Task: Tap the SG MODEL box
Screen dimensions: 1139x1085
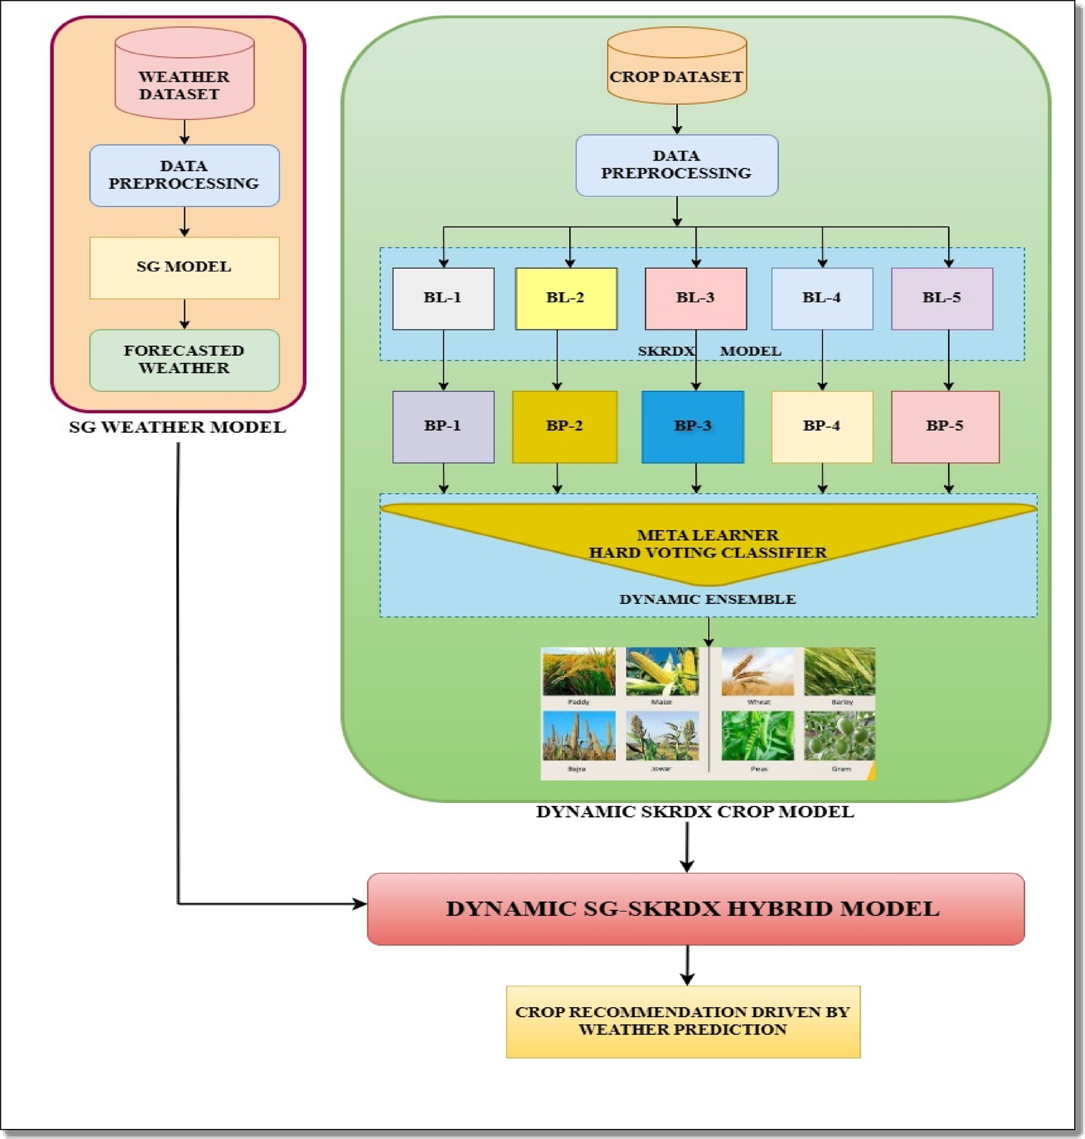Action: click(184, 267)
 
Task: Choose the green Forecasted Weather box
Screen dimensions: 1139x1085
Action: click(184, 360)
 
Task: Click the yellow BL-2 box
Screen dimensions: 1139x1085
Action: click(566, 298)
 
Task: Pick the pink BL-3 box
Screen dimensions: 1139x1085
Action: click(695, 298)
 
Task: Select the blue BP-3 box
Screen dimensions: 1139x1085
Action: click(692, 426)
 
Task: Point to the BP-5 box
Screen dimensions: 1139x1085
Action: click(945, 426)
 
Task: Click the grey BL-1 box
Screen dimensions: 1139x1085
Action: click(443, 298)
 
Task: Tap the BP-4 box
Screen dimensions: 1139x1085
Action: click(821, 426)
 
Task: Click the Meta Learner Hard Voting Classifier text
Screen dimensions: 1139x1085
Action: click(707, 544)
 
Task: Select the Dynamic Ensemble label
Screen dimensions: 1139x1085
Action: click(707, 599)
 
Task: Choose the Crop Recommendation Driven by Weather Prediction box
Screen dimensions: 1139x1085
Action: click(682, 1021)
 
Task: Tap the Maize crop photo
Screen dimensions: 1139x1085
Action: click(661, 672)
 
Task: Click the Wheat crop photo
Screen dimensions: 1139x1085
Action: click(757, 672)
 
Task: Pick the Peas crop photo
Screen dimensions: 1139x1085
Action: click(757, 736)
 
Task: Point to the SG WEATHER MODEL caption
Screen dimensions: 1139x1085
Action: click(177, 427)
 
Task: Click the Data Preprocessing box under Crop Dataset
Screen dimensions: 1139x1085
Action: click(677, 165)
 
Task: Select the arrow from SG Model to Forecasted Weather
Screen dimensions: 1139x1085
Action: click(184, 314)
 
